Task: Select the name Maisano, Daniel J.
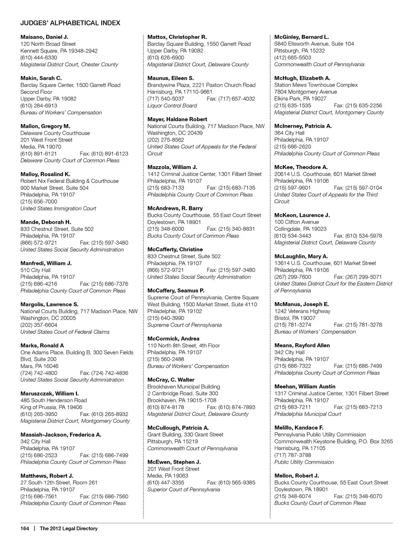[x=44, y=37]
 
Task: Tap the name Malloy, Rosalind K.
[x=45, y=174]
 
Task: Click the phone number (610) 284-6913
[x=38, y=106]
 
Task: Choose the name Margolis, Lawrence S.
[x=49, y=304]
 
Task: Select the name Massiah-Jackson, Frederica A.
[x=61, y=435]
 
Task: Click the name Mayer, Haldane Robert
[x=177, y=119]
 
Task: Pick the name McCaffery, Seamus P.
[x=175, y=291]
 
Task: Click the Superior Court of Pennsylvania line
[x=183, y=490]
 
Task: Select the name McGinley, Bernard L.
[x=301, y=37]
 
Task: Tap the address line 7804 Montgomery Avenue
[x=306, y=92]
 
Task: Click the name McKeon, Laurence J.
[x=302, y=215]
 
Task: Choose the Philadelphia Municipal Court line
[x=308, y=414]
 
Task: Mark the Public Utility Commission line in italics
[x=304, y=462]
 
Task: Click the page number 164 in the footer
[x=24, y=529]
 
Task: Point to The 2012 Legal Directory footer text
[x=69, y=529]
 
